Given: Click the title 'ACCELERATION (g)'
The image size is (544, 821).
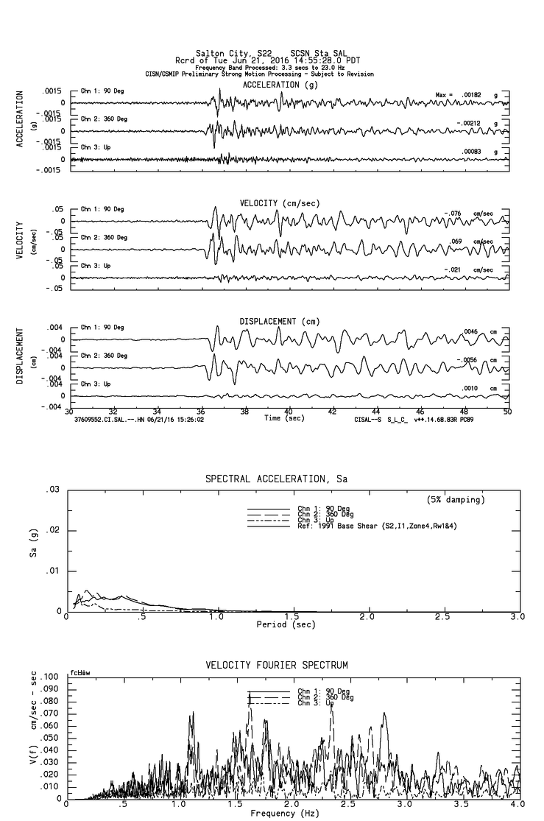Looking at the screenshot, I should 281,85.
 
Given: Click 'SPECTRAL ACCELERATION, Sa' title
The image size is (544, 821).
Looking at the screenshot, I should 276,479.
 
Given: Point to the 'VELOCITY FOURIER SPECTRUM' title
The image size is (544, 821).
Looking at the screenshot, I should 276,665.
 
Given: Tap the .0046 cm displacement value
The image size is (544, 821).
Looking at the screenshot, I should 471,332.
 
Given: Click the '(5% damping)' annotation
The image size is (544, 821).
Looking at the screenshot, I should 456,500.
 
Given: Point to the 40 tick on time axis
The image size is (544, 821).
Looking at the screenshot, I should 289,412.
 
